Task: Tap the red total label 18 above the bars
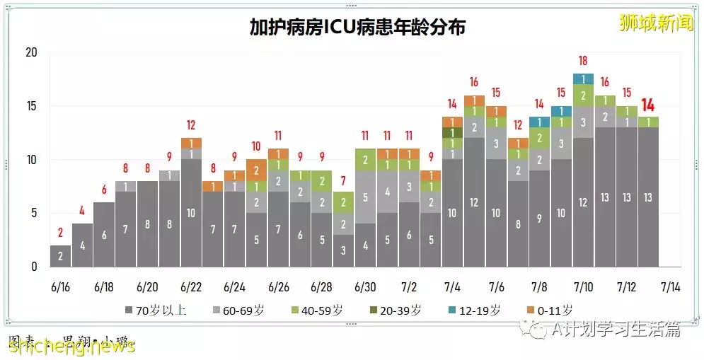coord(582,62)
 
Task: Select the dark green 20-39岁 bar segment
coord(452,132)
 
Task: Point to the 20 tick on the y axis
coord(32,53)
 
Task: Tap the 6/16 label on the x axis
coord(61,287)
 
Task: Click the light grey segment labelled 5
coord(365,197)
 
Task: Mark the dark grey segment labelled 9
coord(539,219)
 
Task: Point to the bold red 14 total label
coord(647,105)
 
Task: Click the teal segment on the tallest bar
coord(582,79)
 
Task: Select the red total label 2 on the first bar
coord(61,233)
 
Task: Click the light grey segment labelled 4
coord(387,192)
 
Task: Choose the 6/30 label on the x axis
coord(365,287)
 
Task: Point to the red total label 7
coord(343,180)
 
